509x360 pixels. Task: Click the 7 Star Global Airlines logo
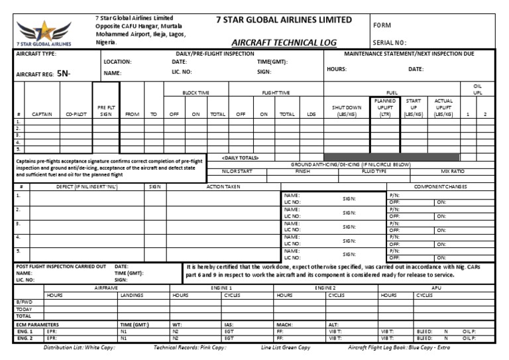pyautogui.click(x=45, y=30)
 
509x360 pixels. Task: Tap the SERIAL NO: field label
pyautogui.click(x=395, y=42)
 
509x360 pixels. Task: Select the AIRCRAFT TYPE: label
pyautogui.click(x=36, y=52)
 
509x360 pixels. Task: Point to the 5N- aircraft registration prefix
pyautogui.click(x=64, y=74)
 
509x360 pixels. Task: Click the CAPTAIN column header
pyautogui.click(x=43, y=114)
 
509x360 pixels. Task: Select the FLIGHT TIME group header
pyautogui.click(x=276, y=93)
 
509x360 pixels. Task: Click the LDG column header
pyautogui.click(x=311, y=114)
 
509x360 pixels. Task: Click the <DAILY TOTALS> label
pyautogui.click(x=239, y=157)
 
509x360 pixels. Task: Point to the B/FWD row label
pyautogui.click(x=24, y=302)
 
